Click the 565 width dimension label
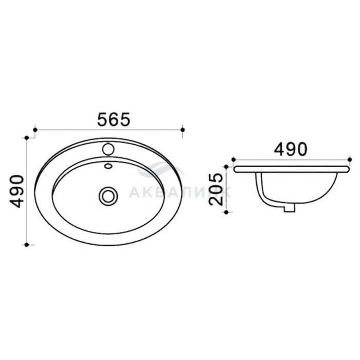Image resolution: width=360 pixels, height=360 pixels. click(x=114, y=119)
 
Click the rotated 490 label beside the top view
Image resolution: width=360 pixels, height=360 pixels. click(x=16, y=191)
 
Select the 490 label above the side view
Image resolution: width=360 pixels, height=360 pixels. click(x=291, y=149)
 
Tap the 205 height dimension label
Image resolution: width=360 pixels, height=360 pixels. click(x=215, y=189)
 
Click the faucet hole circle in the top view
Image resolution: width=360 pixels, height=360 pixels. click(x=108, y=149)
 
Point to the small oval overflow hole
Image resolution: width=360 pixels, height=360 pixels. click(x=108, y=166)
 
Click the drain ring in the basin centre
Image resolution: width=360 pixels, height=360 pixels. click(x=108, y=196)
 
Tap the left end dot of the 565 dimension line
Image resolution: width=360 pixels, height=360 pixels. click(x=35, y=130)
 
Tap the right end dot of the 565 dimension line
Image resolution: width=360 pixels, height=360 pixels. click(x=183, y=130)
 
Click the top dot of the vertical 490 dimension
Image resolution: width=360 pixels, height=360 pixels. click(x=27, y=138)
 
